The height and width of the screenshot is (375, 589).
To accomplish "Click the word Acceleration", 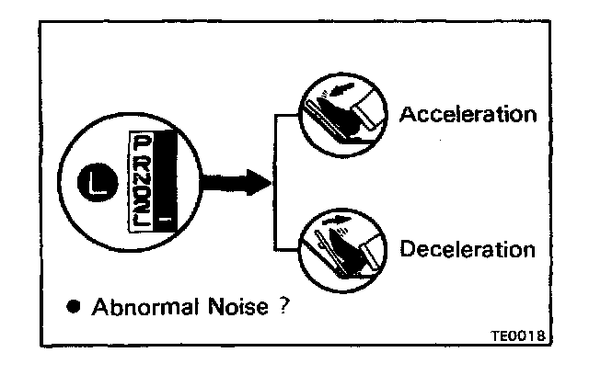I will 467,115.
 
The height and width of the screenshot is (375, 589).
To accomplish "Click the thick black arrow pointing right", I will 236,182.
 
